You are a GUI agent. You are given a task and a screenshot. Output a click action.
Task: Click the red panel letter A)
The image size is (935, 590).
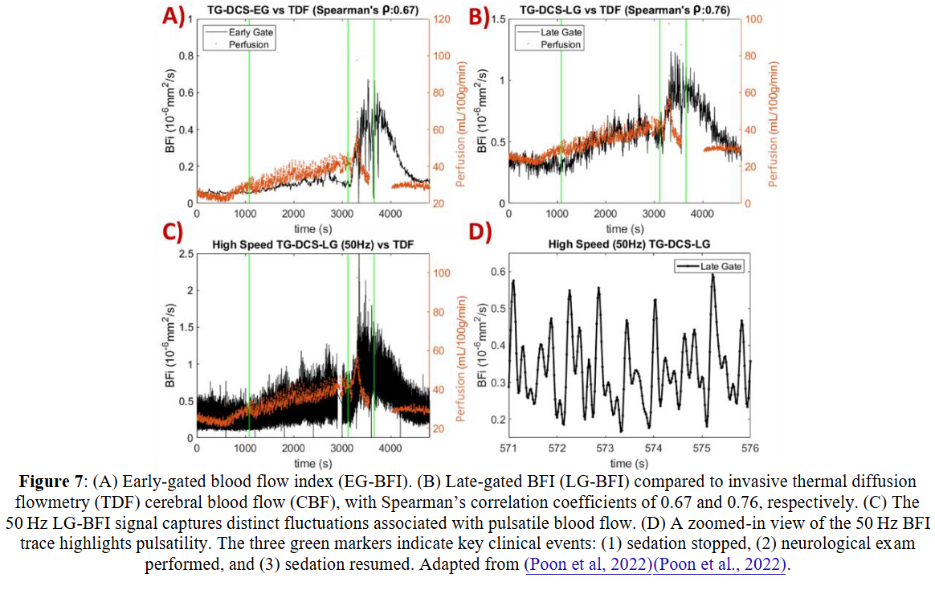tap(171, 17)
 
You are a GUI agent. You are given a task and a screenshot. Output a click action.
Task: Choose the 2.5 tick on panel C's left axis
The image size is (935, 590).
tap(184, 254)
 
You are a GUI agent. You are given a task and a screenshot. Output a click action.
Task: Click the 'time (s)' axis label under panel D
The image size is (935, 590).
tap(629, 464)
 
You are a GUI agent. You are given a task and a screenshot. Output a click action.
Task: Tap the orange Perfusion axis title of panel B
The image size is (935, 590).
tap(774, 110)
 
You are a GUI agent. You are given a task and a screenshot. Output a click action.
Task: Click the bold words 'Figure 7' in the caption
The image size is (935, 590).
tap(51, 482)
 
